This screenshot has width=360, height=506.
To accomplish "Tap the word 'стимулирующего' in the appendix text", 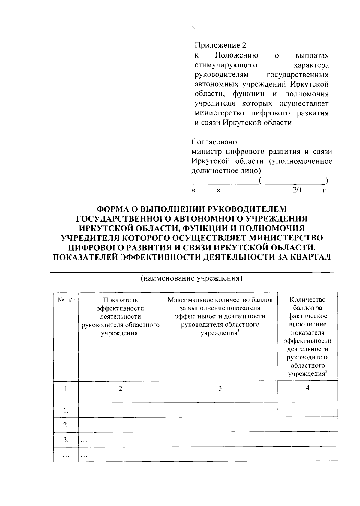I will pos(226,65).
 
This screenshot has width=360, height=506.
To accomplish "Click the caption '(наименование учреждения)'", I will pos(192,278).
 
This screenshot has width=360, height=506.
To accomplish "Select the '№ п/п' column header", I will pos(66,300).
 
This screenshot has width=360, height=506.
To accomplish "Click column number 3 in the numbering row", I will pos(220,388).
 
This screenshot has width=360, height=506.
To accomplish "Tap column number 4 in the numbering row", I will pos(307,388).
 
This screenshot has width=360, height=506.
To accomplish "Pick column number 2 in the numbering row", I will pos(120,388).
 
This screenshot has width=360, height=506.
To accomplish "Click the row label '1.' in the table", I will pos(66,410).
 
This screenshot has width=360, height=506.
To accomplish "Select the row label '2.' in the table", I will pos(66,425).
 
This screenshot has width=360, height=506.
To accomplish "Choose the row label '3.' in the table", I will pos(66,440).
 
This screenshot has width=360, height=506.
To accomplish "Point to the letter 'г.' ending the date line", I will pos(325,191).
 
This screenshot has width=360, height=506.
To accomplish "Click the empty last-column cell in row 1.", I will pos(308,410).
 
